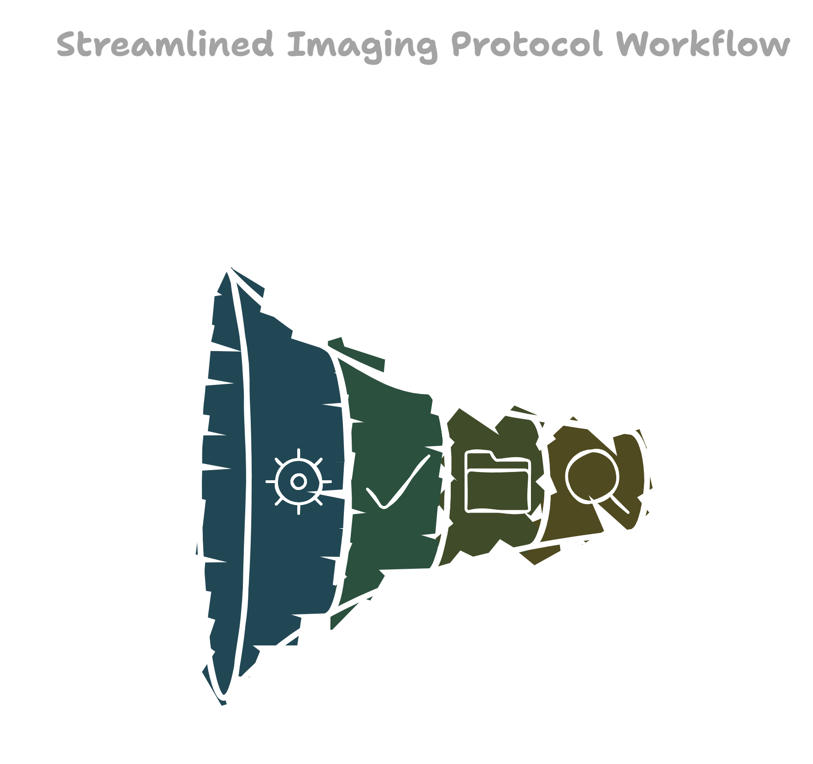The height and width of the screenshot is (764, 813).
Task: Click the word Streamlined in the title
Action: click(165, 45)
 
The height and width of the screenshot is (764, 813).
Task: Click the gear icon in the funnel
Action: click(299, 482)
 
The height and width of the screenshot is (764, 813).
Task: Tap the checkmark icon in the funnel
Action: click(397, 483)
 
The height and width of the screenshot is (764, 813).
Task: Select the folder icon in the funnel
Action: click(497, 482)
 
